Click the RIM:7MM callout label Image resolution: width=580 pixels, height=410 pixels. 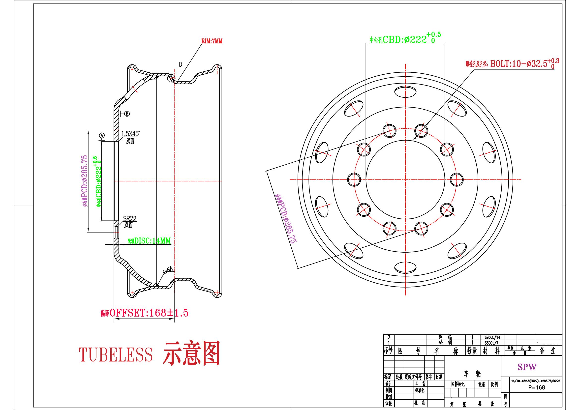(x=212, y=41)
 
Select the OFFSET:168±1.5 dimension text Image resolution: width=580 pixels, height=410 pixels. (x=145, y=313)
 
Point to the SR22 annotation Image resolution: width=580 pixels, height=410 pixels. (x=130, y=219)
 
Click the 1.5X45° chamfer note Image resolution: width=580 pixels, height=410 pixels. (x=130, y=134)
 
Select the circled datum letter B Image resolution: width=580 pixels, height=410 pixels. (x=127, y=114)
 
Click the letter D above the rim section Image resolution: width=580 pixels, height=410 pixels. (x=180, y=65)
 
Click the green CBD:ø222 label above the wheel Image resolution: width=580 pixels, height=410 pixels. (x=405, y=39)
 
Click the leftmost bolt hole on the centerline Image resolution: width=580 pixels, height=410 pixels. (x=354, y=179)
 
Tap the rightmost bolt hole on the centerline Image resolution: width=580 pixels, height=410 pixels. (x=457, y=179)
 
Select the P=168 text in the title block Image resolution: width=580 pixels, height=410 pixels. (x=537, y=387)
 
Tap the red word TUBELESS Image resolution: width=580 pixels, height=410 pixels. (x=116, y=354)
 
